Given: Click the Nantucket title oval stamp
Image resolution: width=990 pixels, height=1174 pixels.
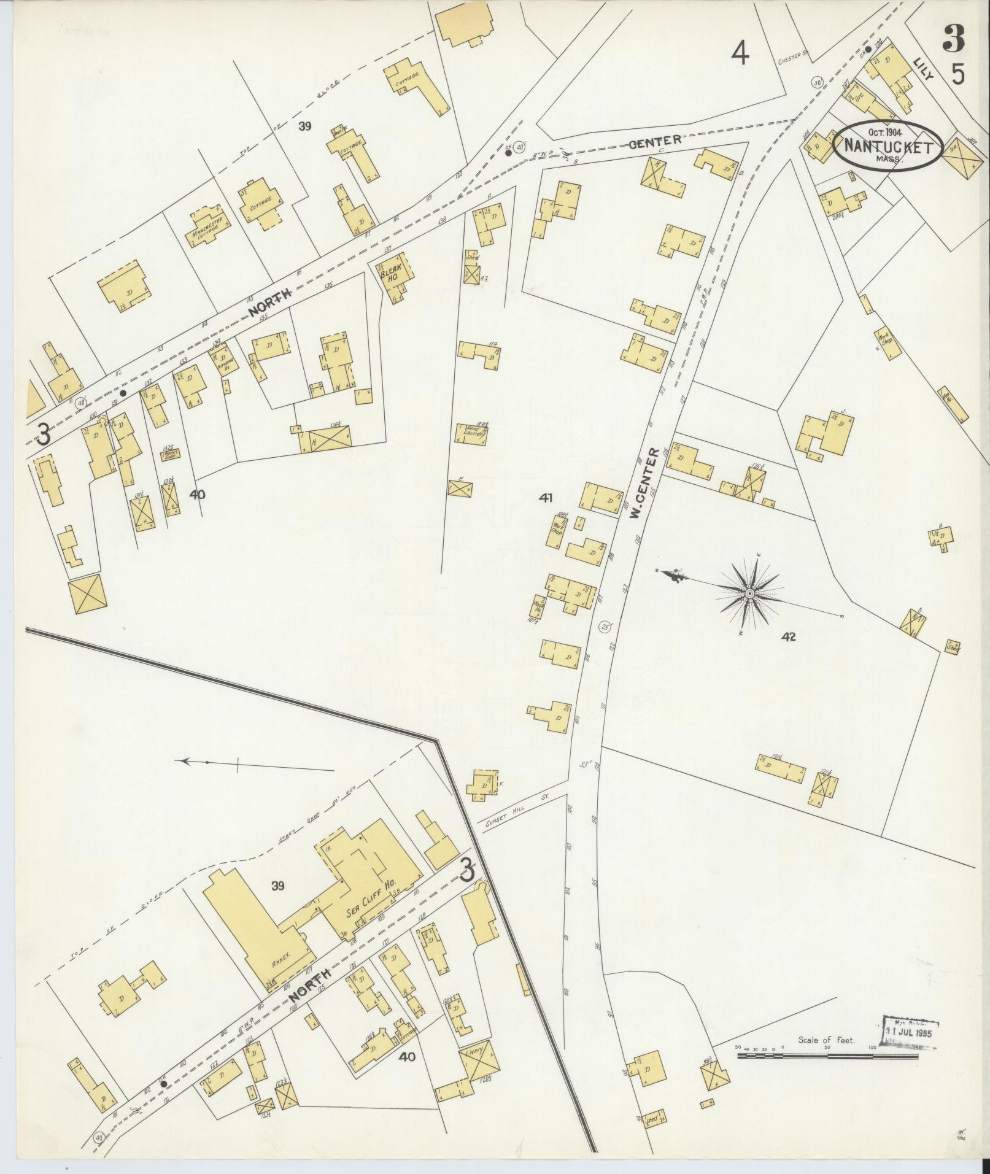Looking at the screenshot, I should click(x=888, y=146).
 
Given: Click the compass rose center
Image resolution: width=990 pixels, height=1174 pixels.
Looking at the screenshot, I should click(x=749, y=594).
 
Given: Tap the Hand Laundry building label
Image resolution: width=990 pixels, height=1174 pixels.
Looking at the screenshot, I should click(x=472, y=433).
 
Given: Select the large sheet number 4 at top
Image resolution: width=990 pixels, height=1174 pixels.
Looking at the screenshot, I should click(x=741, y=54).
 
